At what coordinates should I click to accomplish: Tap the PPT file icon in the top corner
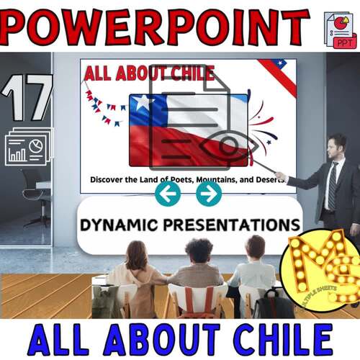tap(340, 30)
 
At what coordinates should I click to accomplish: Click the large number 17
tap(27, 99)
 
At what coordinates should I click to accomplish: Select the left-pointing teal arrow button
tap(168, 193)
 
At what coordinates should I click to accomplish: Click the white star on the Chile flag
tap(141, 104)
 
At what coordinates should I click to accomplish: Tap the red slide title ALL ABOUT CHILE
tap(149, 73)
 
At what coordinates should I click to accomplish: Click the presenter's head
tap(336, 144)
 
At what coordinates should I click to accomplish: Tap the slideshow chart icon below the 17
tap(27, 146)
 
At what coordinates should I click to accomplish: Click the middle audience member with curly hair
tap(197, 266)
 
